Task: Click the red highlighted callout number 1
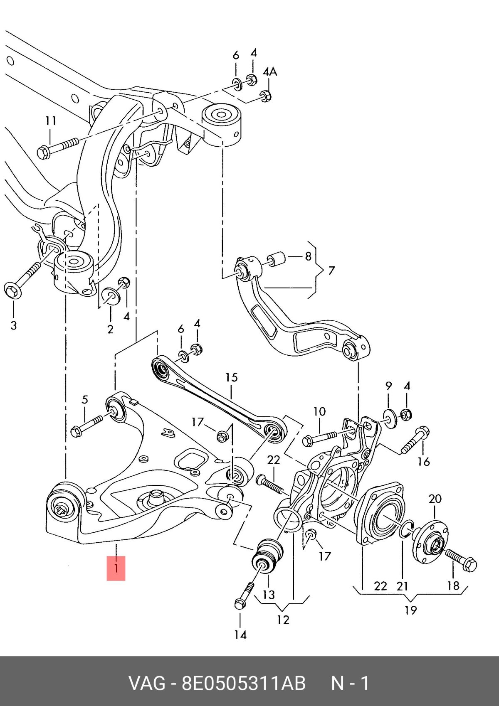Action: click(x=116, y=568)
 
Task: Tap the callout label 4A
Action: click(x=270, y=72)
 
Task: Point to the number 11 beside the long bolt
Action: click(x=51, y=121)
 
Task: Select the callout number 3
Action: click(x=14, y=325)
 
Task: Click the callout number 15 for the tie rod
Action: click(x=232, y=377)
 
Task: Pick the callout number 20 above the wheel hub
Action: click(x=435, y=499)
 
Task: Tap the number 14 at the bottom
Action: click(x=240, y=635)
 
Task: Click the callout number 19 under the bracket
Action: click(x=410, y=610)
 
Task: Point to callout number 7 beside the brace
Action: click(x=331, y=271)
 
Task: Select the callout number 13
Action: click(x=269, y=595)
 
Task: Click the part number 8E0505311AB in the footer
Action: click(x=243, y=684)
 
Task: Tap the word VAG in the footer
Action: click(x=147, y=684)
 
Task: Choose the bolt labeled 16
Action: click(x=415, y=440)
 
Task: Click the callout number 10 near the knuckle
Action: click(x=319, y=412)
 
